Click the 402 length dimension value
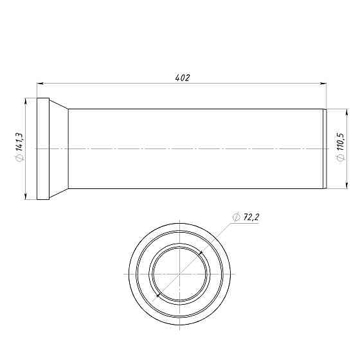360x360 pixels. click(x=183, y=78)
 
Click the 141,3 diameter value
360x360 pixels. click(x=19, y=141)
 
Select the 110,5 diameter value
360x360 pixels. click(x=341, y=141)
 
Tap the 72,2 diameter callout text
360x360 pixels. click(x=251, y=217)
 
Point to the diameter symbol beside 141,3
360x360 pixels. click(x=19, y=157)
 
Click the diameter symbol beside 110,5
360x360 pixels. click(x=341, y=157)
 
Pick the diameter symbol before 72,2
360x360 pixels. click(x=237, y=217)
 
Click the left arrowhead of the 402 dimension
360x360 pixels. click(x=40, y=84)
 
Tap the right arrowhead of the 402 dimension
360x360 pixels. click(x=323, y=84)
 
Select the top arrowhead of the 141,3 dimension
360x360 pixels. click(x=26, y=102)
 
